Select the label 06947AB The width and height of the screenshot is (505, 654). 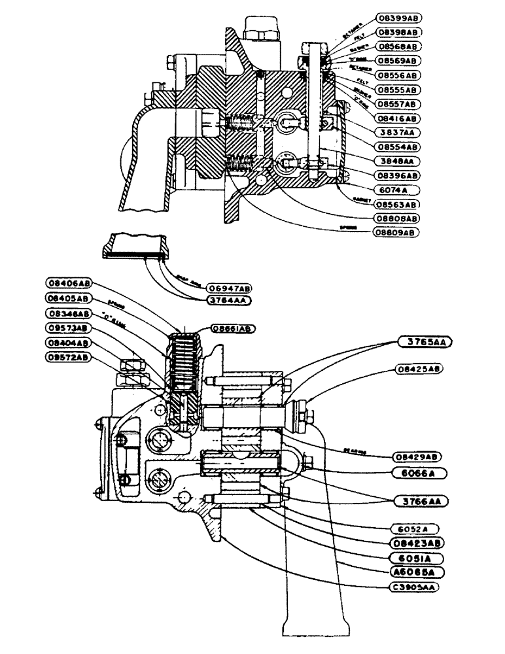pos(229,288)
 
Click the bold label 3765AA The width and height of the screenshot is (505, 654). pos(425,341)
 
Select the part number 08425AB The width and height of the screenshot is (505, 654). pos(419,369)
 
